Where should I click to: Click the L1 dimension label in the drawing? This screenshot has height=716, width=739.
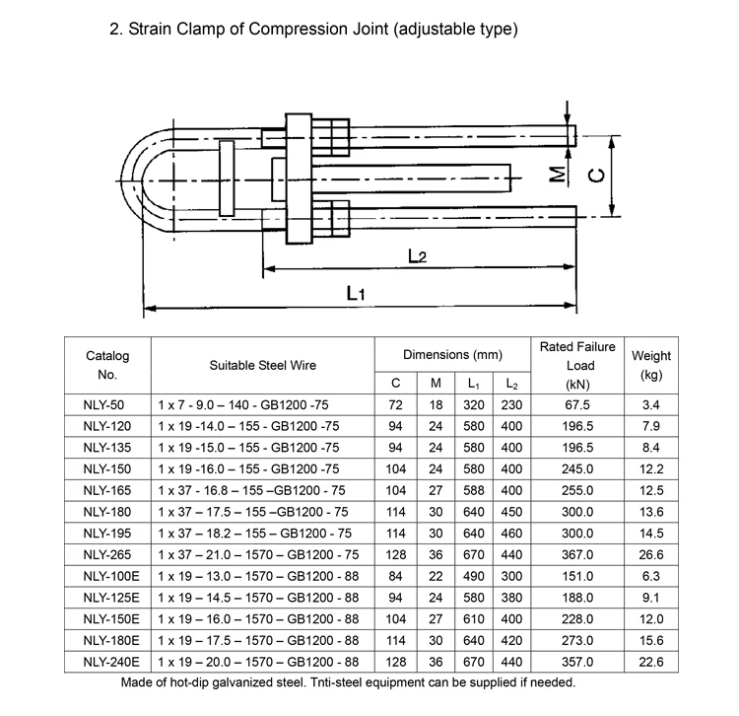(x=357, y=293)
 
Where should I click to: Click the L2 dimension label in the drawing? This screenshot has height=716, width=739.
(x=417, y=256)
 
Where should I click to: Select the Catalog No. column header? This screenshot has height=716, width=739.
(x=107, y=365)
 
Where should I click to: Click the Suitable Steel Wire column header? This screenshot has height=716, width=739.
(x=262, y=365)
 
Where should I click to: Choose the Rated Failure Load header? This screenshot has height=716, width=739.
(x=576, y=365)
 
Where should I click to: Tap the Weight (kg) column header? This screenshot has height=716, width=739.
(x=650, y=365)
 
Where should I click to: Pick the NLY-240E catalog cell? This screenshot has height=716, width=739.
(x=107, y=661)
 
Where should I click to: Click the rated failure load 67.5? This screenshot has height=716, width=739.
(x=576, y=404)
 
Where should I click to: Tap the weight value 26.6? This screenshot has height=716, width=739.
(x=650, y=554)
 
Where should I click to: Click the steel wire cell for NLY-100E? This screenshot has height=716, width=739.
(x=262, y=576)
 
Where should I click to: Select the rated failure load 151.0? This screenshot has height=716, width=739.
(x=576, y=576)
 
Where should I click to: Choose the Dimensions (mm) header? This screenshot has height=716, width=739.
(x=452, y=354)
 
